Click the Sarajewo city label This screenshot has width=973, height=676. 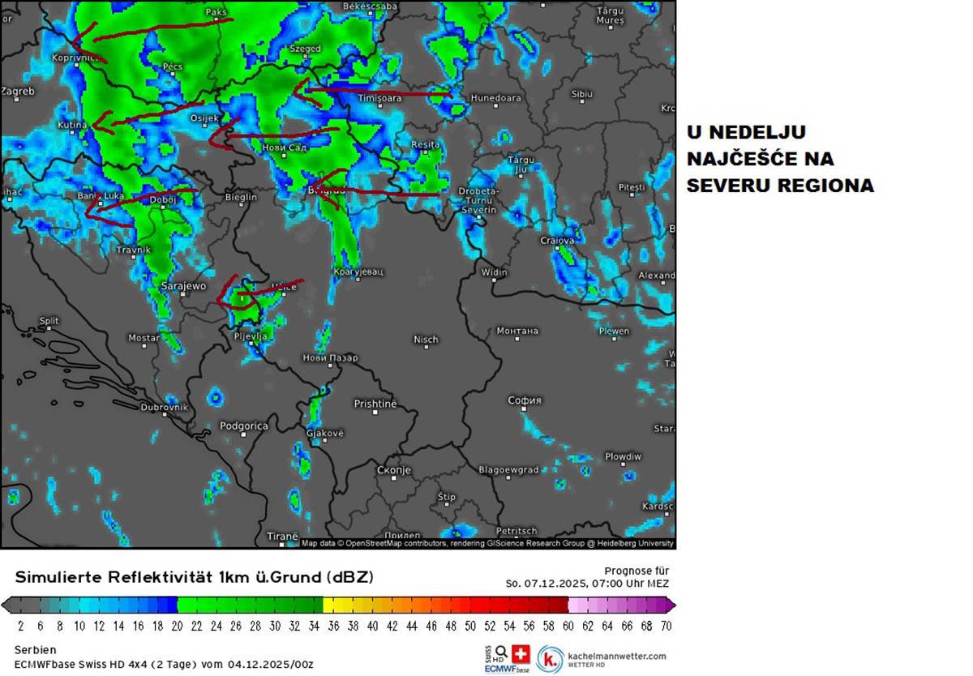tap(182, 286)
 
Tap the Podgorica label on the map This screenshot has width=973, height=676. tap(243, 426)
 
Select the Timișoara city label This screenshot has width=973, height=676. tap(379, 98)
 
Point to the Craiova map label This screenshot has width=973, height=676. tap(558, 241)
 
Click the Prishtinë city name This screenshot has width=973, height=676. tap(375, 404)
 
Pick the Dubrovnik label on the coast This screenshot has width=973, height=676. tap(164, 407)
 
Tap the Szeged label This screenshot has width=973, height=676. tap(305, 49)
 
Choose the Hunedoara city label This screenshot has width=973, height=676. tap(495, 98)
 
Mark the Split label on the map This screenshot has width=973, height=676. tap(49, 321)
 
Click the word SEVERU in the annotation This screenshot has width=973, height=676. tap(729, 186)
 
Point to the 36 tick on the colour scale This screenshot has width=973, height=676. tap(333, 626)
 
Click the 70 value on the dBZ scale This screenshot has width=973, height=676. tap(665, 626)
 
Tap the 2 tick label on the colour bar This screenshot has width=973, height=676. tap(20, 626)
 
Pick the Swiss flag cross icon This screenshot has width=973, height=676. tap(521, 652)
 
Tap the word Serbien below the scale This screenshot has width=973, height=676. tap(35, 650)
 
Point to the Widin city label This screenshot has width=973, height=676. tap(495, 272)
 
